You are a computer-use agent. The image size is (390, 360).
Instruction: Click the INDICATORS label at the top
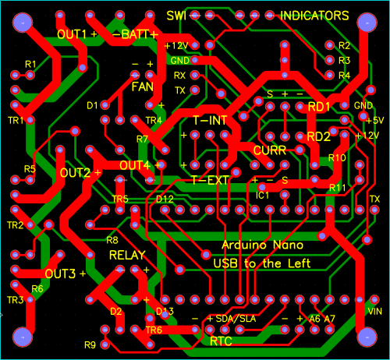tap(314, 16)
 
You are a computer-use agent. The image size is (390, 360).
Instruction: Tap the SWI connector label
tap(176, 16)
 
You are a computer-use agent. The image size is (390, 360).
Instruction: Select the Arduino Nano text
tap(263, 245)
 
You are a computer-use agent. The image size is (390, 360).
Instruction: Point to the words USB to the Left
tap(262, 263)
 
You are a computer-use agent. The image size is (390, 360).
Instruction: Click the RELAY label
tap(127, 256)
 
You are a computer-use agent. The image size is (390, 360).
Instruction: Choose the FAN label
tap(143, 86)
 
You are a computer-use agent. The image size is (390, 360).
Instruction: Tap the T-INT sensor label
tap(210, 120)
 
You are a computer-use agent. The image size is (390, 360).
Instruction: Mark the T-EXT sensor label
tap(210, 180)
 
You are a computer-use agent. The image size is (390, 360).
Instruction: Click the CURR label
tap(270, 150)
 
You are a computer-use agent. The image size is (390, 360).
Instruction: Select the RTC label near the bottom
tap(221, 341)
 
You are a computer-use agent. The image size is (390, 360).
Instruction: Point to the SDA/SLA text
tap(236, 319)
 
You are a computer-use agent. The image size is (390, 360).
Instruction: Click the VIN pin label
tap(375, 311)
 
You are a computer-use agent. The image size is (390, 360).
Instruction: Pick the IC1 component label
tap(262, 196)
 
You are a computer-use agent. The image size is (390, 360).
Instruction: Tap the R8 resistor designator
tap(112, 240)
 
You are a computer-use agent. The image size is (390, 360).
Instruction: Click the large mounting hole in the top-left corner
tap(23, 23)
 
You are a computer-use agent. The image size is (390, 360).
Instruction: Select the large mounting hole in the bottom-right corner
tap(367, 337)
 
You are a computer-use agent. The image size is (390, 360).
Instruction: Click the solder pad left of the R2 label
tap(329, 45)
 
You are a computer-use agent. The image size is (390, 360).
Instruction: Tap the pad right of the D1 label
tap(105, 105)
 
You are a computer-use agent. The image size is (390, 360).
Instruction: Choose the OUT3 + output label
tap(66, 274)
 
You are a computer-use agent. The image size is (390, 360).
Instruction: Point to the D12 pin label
tap(165, 199)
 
